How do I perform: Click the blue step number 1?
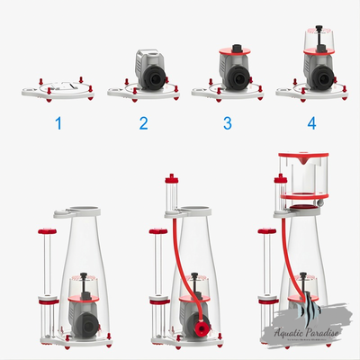click(x=58, y=123)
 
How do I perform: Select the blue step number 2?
click(x=143, y=123)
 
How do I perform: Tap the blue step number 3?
click(x=228, y=123)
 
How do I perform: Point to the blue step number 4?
click(x=311, y=123)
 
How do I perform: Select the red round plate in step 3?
click(x=235, y=51)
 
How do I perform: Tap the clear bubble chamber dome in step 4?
click(x=319, y=40)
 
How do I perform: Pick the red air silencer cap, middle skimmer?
click(x=172, y=179)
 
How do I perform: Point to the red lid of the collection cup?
click(x=303, y=157)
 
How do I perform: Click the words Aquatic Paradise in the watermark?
click(x=307, y=332)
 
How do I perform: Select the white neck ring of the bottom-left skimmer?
click(x=77, y=211)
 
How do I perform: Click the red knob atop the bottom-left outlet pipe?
click(x=47, y=231)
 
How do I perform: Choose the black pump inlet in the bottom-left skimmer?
click(x=86, y=325)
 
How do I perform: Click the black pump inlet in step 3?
click(x=238, y=79)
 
